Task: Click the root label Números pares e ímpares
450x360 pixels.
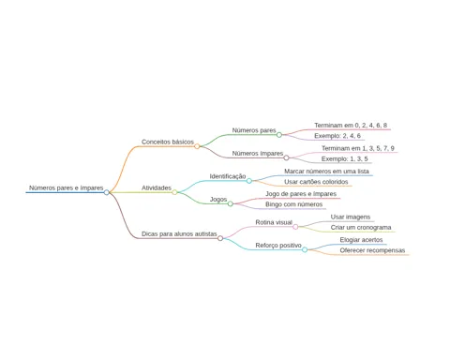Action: [67, 187]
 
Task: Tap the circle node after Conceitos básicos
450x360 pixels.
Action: [197, 146]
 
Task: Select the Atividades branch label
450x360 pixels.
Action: [157, 187]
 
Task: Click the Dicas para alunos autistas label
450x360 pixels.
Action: [179, 233]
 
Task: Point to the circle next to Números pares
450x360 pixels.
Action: [279, 135]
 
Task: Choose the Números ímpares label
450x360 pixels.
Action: [258, 154]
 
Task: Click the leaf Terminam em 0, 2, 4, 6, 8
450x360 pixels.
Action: [351, 126]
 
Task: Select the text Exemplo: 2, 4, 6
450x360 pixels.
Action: [337, 136]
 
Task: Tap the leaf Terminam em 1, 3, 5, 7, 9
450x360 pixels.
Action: [358, 148]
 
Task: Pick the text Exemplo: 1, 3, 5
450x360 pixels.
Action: [345, 158]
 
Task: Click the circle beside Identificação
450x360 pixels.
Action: [249, 181]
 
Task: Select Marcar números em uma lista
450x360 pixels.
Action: [326, 172]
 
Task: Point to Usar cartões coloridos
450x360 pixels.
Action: [316, 182]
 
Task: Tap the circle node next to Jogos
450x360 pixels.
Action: [231, 203]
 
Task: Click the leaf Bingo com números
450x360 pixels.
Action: [294, 204]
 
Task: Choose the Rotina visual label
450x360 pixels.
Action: [274, 222]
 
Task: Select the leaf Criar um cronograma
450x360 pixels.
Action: [361, 228]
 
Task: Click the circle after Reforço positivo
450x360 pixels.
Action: [305, 249]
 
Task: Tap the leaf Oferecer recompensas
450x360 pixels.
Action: [372, 250]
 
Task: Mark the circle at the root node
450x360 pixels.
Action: [107, 192]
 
